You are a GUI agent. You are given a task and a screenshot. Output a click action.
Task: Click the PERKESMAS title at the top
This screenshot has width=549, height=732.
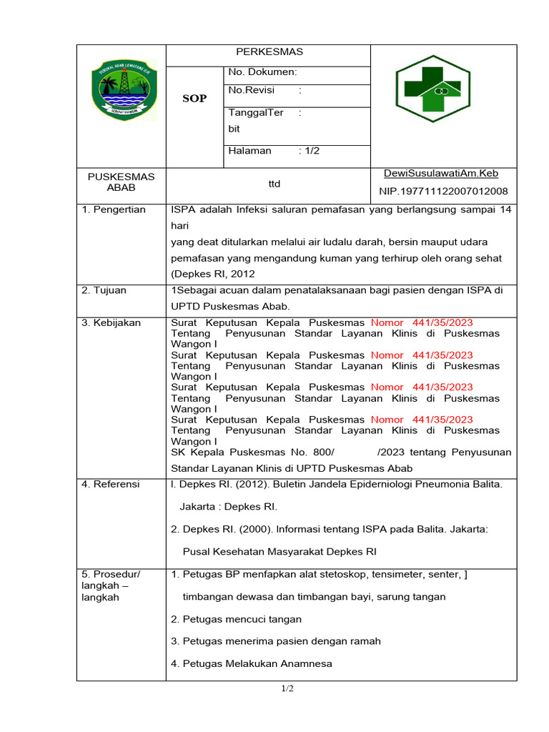tap(269, 51)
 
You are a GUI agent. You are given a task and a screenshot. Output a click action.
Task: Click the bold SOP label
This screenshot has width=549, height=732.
tap(194, 99)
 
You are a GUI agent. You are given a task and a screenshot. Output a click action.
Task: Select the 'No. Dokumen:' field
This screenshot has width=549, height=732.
tap(262, 72)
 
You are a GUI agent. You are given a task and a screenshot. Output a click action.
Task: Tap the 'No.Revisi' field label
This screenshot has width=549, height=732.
tap(251, 90)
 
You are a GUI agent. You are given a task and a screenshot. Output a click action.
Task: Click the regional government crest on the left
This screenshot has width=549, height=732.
tap(124, 89)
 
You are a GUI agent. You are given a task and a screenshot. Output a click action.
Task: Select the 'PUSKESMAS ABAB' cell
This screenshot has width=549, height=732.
tap(121, 182)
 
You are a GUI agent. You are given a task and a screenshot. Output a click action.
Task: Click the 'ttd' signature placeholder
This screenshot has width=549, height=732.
tap(274, 184)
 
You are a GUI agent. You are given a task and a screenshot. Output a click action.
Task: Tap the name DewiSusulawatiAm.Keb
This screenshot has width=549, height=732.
tap(441, 174)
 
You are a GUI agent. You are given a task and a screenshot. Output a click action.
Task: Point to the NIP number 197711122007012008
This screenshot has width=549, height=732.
tap(443, 191)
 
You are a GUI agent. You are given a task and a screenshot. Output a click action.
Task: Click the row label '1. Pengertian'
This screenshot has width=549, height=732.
tap(114, 209)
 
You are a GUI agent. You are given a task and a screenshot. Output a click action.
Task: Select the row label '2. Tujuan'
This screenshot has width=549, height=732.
tap(104, 290)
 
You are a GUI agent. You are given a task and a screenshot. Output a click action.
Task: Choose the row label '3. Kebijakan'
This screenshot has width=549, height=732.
tap(111, 322)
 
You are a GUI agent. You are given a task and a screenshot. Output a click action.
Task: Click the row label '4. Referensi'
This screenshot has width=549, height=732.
tap(111, 484)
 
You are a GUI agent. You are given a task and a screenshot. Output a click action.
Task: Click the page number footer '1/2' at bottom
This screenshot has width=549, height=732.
tap(287, 689)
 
